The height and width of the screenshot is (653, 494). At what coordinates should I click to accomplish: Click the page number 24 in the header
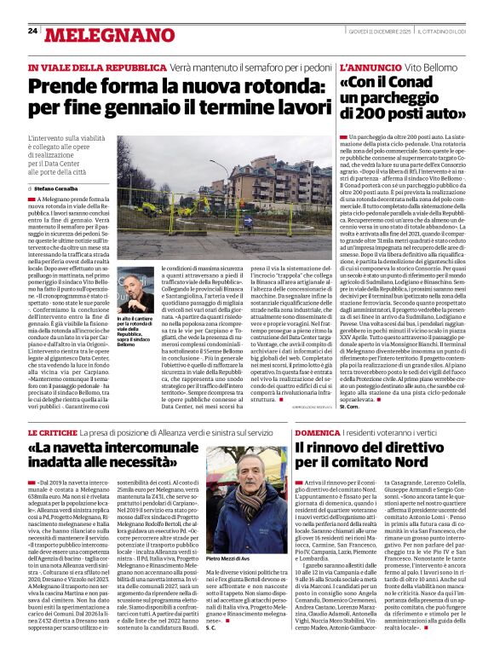32,31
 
